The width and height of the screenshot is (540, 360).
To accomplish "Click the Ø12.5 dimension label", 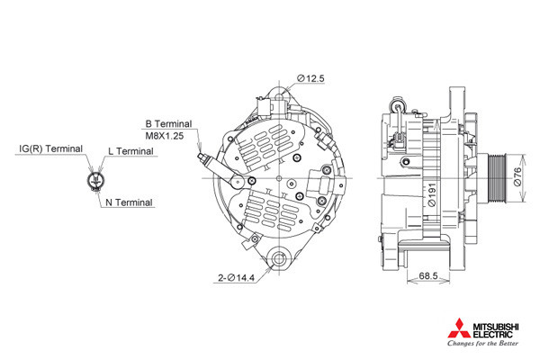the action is coord(310,78).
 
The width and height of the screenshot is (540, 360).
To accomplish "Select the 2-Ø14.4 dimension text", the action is coord(236,278).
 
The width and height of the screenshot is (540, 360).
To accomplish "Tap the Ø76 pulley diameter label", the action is coord(517,177).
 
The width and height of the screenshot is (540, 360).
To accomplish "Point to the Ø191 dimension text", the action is coord(431,194).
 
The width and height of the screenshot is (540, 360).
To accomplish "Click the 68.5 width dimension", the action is coord(428,276).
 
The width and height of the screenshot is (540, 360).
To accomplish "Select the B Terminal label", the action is coord(168,124).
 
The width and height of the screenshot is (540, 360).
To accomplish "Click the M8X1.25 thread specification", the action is coord(165,136).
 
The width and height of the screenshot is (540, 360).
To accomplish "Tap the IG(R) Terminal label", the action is coord(51,148).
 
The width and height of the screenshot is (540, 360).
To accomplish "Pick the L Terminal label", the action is coord(130,151).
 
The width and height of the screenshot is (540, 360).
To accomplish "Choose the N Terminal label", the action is coord(129,202).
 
